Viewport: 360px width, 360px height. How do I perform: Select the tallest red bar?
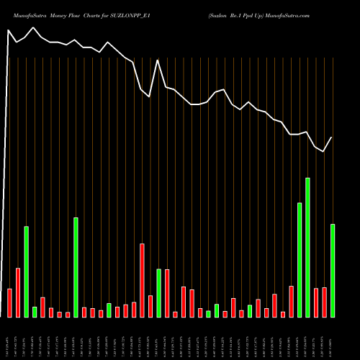[x=142, y=280]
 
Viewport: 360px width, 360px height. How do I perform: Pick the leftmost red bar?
[x=9, y=302]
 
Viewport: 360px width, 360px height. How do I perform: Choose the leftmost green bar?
[x=26, y=271]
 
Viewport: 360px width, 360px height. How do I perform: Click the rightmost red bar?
[x=324, y=302]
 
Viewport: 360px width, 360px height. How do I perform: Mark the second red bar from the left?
[x=18, y=292]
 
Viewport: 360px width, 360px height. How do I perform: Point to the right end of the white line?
[x=332, y=138]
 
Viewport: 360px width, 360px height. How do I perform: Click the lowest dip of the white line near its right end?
[x=324, y=151]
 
